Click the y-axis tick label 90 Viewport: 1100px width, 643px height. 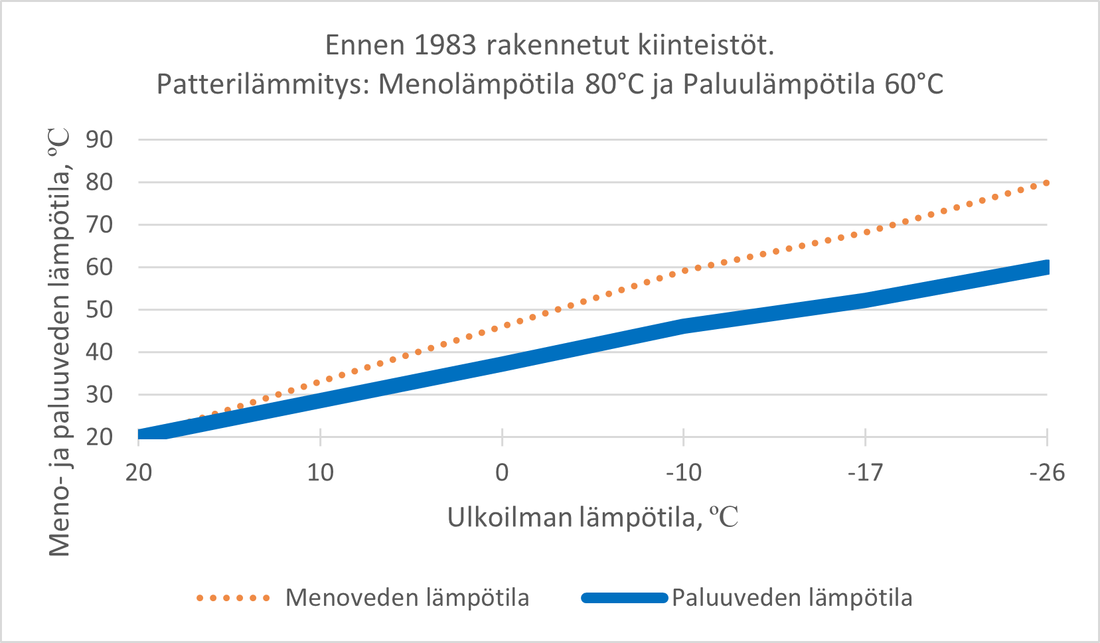coord(100,140)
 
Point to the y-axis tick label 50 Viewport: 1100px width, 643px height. coord(100,310)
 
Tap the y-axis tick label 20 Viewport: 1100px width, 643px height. coord(100,437)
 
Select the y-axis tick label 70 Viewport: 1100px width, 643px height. coord(100,225)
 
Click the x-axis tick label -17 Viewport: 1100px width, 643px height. coord(865,472)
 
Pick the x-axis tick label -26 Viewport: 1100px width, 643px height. coord(1047,472)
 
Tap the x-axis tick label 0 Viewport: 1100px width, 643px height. coord(502,472)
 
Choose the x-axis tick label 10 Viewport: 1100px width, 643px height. coord(320,472)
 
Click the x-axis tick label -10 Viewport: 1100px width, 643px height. coord(684,472)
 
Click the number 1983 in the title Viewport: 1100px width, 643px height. coord(445,45)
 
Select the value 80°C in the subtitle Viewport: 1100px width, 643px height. coord(615,85)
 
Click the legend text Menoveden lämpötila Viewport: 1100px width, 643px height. coord(407,598)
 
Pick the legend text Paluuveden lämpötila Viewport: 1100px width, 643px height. coord(792,598)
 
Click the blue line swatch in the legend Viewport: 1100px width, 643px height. coord(624,598)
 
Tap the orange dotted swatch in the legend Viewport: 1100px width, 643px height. coord(233,598)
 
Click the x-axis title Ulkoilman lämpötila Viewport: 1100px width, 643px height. coord(575,517)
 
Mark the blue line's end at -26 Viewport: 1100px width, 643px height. coord(1046,267)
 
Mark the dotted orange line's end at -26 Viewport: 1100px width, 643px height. coord(1046,182)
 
